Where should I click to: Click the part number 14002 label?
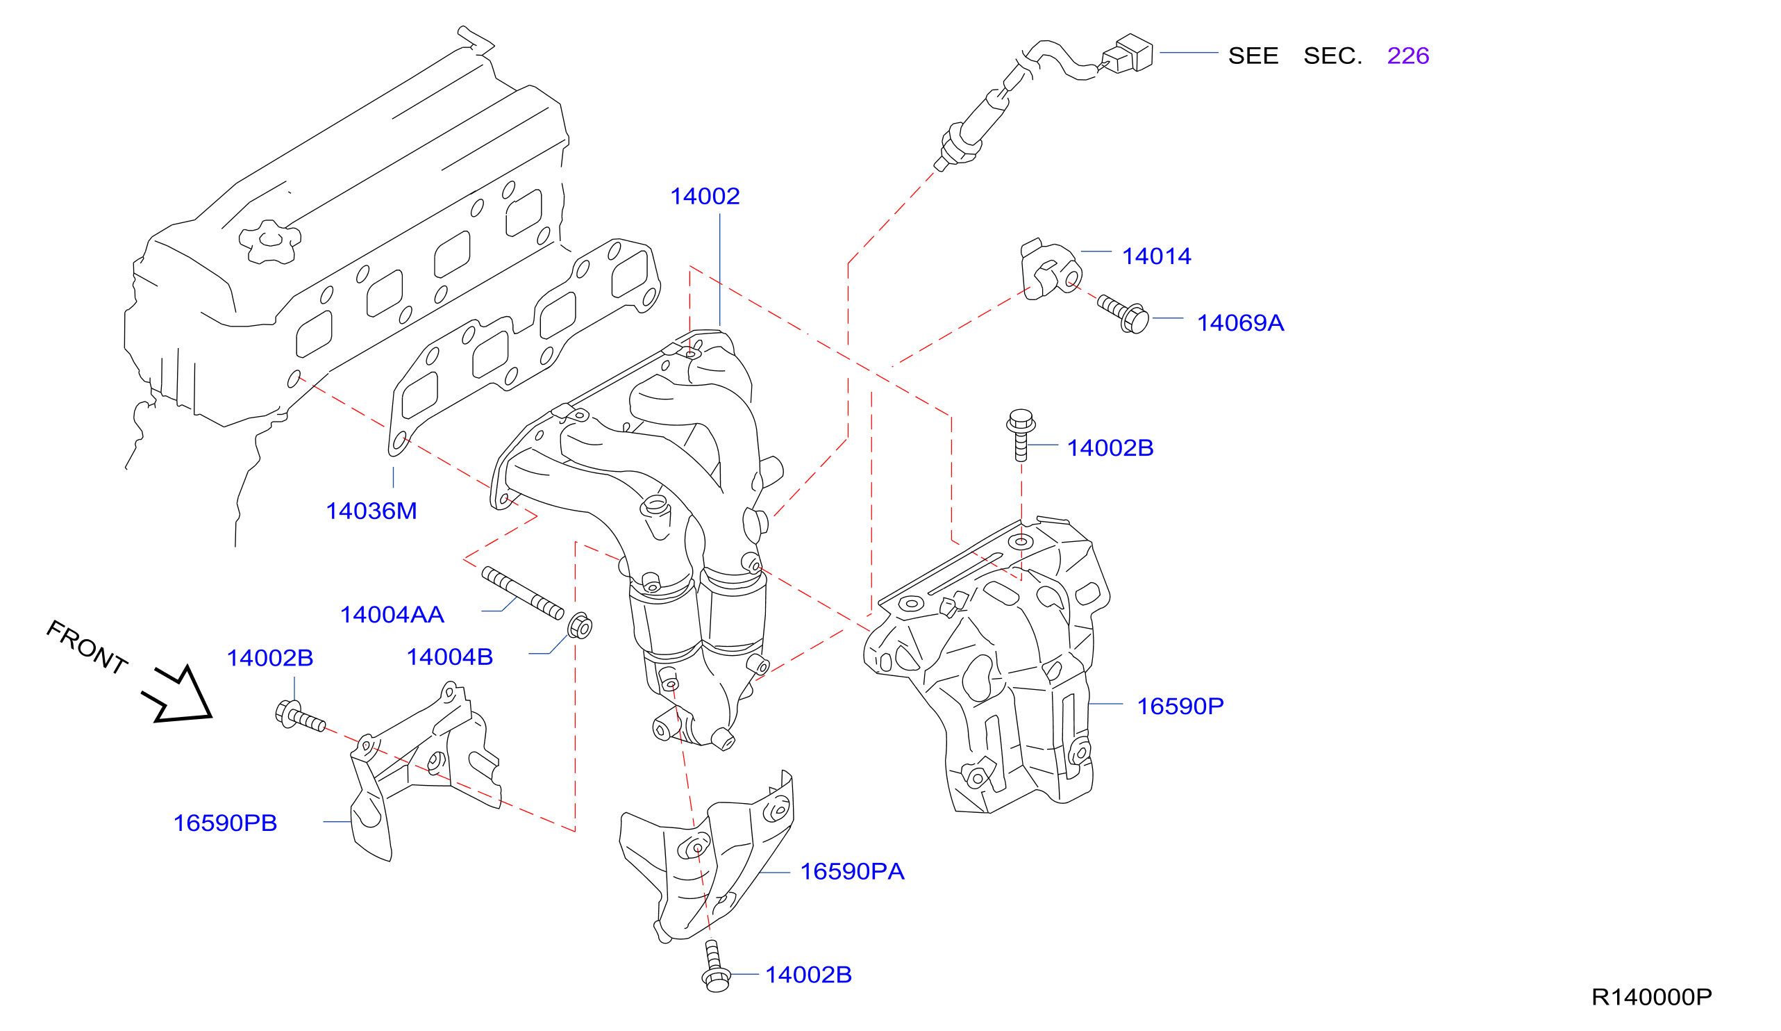(705, 197)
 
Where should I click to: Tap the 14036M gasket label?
(371, 511)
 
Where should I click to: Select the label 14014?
(1156, 256)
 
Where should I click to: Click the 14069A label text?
(1240, 323)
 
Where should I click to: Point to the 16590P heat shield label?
(1180, 707)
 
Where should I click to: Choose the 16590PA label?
(853, 872)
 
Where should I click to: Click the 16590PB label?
(226, 823)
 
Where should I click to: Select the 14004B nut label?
(449, 658)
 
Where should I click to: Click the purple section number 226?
(1408, 56)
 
